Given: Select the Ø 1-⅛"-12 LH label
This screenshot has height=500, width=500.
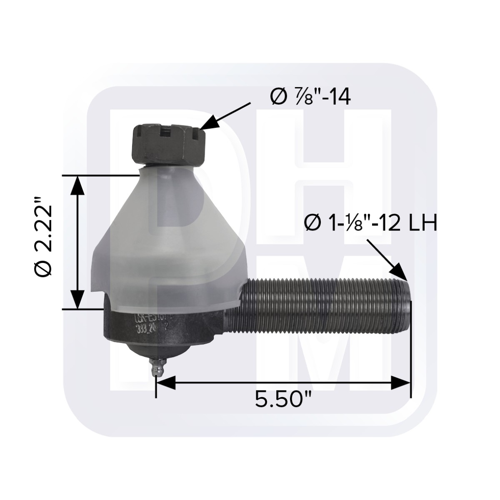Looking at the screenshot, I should click(x=370, y=224).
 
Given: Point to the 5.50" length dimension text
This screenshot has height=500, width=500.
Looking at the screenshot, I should click(x=284, y=400).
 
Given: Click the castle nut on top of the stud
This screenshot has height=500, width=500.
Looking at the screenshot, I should click(x=168, y=144).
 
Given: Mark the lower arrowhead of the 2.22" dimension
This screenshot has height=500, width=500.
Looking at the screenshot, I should click(x=77, y=300).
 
